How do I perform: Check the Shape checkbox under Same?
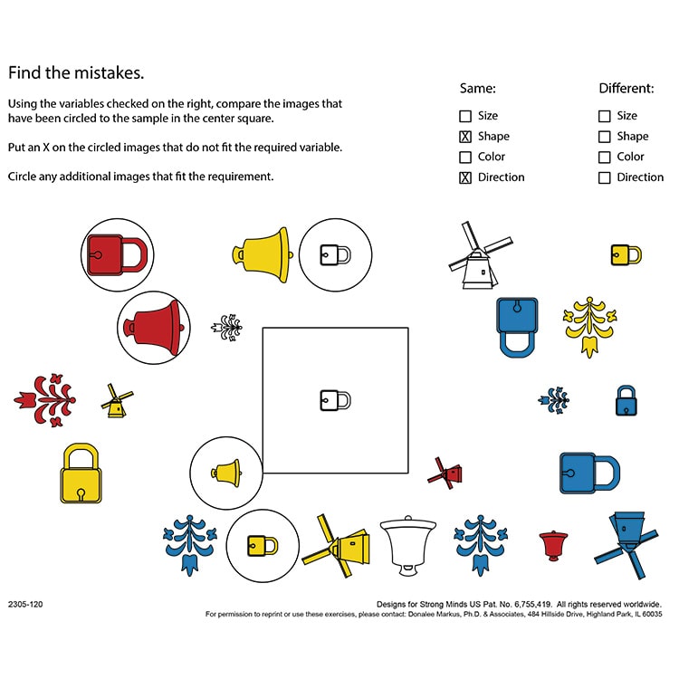point(465,137)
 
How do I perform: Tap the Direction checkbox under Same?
point(465,177)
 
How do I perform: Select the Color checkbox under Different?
point(604,158)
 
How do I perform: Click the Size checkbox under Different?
point(604,116)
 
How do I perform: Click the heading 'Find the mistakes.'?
point(76,72)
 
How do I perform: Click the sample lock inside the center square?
point(335,399)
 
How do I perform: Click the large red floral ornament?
point(44,399)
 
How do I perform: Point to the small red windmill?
point(446,472)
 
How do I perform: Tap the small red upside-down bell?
point(552,545)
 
